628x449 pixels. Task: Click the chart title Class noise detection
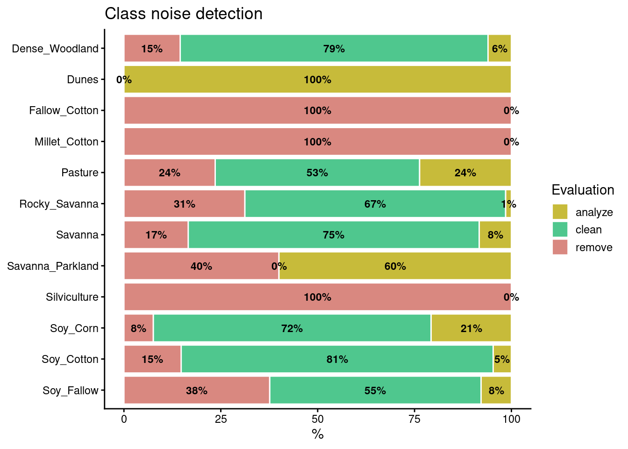click(x=183, y=14)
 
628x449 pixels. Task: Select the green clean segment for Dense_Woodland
click(x=334, y=48)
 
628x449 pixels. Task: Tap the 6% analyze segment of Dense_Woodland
click(x=499, y=48)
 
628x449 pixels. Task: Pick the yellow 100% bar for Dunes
click(x=317, y=80)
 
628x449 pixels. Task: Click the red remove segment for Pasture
click(x=169, y=173)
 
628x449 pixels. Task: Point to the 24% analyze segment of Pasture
click(x=465, y=173)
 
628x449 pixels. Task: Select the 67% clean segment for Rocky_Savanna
click(x=375, y=204)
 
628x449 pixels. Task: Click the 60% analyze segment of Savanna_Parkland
click(x=395, y=266)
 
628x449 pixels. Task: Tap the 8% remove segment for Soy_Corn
click(x=138, y=328)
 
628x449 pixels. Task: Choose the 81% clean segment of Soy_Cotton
click(x=337, y=359)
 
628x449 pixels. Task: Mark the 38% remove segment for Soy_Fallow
click(x=196, y=391)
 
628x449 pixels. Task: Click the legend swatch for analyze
click(x=560, y=212)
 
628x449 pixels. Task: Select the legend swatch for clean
click(x=560, y=230)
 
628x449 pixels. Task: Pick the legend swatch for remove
click(x=560, y=247)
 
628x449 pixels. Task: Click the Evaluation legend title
click(x=583, y=190)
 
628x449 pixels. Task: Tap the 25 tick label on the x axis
click(x=221, y=419)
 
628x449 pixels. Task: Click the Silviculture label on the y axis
click(x=72, y=297)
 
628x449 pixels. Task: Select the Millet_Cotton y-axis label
click(x=66, y=142)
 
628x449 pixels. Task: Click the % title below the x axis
click(x=318, y=435)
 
